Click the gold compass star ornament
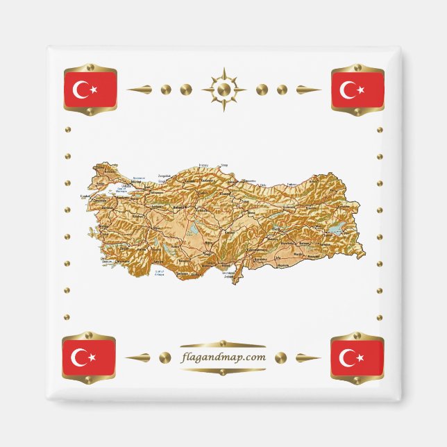coord(223,90)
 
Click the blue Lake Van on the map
coord(335,228)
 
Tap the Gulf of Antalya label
coord(160,272)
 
